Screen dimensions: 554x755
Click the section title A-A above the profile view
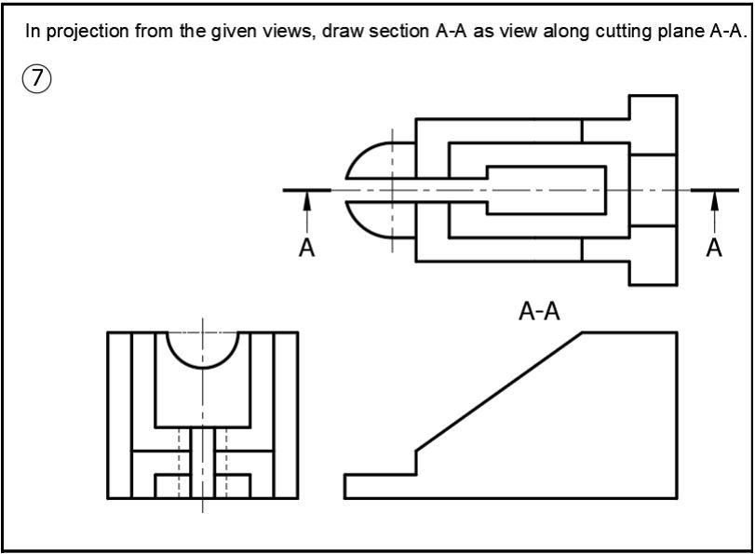point(539,311)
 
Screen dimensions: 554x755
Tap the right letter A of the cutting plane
point(714,247)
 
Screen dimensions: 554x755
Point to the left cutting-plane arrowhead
point(306,200)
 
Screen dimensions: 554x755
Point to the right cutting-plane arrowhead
point(714,200)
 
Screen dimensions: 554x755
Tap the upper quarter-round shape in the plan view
point(371,159)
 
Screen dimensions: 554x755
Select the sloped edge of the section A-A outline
point(499,391)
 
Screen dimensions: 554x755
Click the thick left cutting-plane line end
point(306,190)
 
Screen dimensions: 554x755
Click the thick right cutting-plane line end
point(714,190)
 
